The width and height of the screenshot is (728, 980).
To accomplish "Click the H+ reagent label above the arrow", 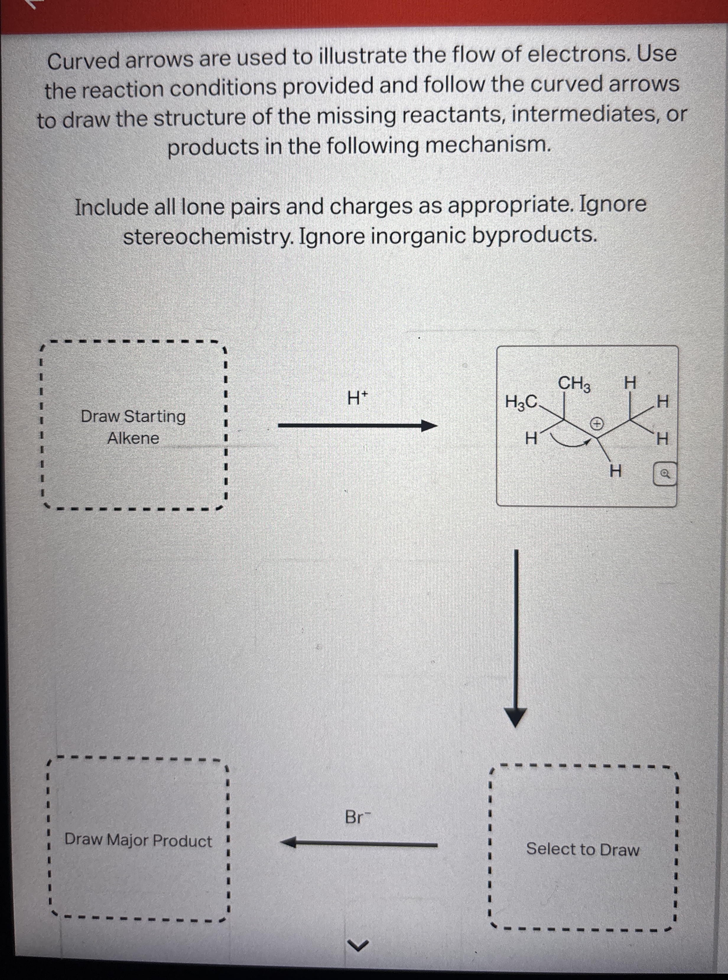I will point(357,399).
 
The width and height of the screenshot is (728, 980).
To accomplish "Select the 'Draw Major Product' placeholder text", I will point(138,840).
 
